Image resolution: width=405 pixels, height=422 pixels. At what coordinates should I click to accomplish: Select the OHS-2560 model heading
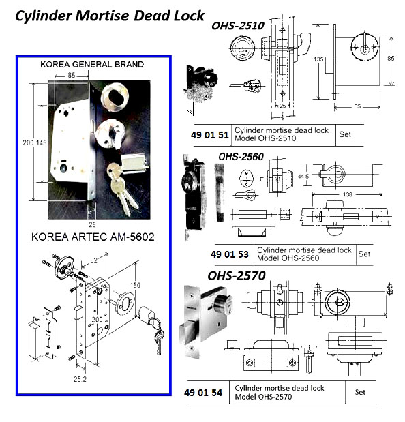tap(240, 156)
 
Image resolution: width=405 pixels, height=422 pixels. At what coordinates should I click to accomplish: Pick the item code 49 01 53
tap(228, 255)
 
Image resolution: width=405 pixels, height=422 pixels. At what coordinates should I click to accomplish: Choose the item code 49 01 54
tap(205, 392)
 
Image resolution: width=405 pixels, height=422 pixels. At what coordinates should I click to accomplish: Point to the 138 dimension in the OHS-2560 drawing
tap(349, 196)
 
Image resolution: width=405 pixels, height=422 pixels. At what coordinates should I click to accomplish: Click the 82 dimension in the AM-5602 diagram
tap(93, 259)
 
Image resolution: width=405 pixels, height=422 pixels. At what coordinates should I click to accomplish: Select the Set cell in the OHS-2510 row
tap(344, 134)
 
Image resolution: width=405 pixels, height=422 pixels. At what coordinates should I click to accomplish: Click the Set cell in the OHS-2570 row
tap(360, 392)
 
